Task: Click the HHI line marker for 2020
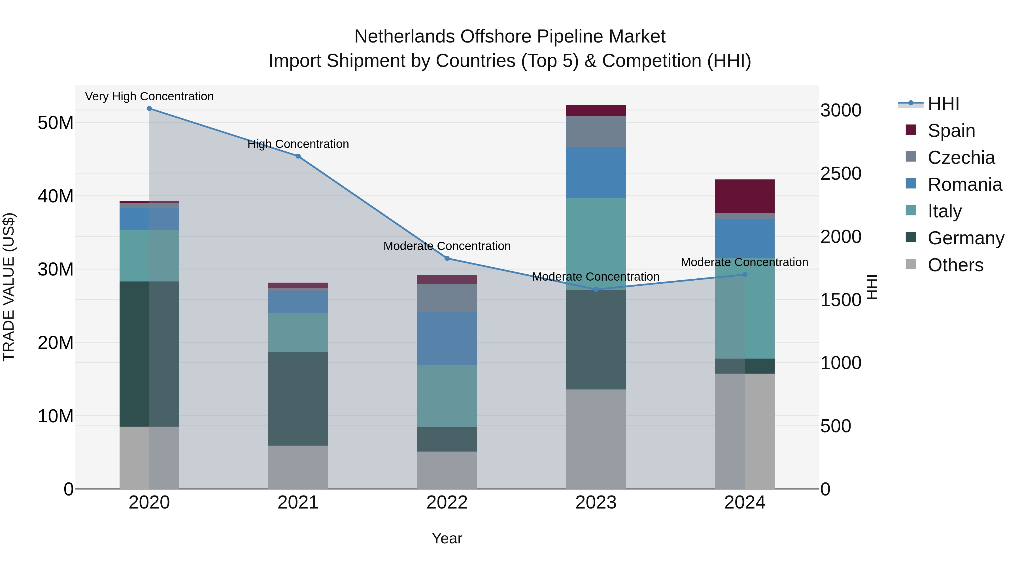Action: (x=149, y=109)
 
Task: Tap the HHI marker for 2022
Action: (x=447, y=258)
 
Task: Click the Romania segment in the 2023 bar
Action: (x=596, y=173)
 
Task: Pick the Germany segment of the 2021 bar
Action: (x=298, y=399)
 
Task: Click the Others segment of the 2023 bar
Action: (x=596, y=439)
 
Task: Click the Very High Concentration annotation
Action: (x=149, y=96)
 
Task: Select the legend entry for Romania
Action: (x=964, y=185)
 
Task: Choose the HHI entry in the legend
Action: (x=943, y=104)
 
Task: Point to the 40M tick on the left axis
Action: (x=56, y=196)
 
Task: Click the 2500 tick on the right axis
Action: (x=841, y=173)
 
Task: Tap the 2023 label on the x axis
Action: (x=596, y=503)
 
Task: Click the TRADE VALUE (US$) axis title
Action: (x=9, y=287)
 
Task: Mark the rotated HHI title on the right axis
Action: (x=872, y=287)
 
